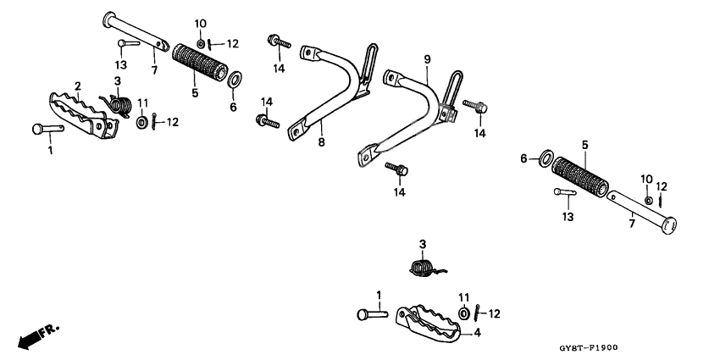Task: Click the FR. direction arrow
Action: click(39, 336)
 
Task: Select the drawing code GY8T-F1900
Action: click(588, 347)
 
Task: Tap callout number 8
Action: click(321, 142)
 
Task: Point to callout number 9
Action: click(428, 58)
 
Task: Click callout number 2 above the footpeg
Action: click(78, 86)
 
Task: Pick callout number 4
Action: click(478, 333)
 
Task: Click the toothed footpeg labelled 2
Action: click(83, 115)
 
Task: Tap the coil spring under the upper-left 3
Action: click(119, 104)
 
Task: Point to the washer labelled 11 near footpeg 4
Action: click(464, 314)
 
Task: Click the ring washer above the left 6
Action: click(235, 79)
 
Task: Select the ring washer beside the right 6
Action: click(546, 158)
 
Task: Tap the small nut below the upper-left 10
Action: click(201, 43)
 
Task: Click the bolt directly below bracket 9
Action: click(396, 169)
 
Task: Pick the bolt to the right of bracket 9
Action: click(475, 106)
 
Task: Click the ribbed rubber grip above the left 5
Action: click(200, 63)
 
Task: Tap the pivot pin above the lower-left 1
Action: click(48, 129)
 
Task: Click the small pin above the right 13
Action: click(565, 192)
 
